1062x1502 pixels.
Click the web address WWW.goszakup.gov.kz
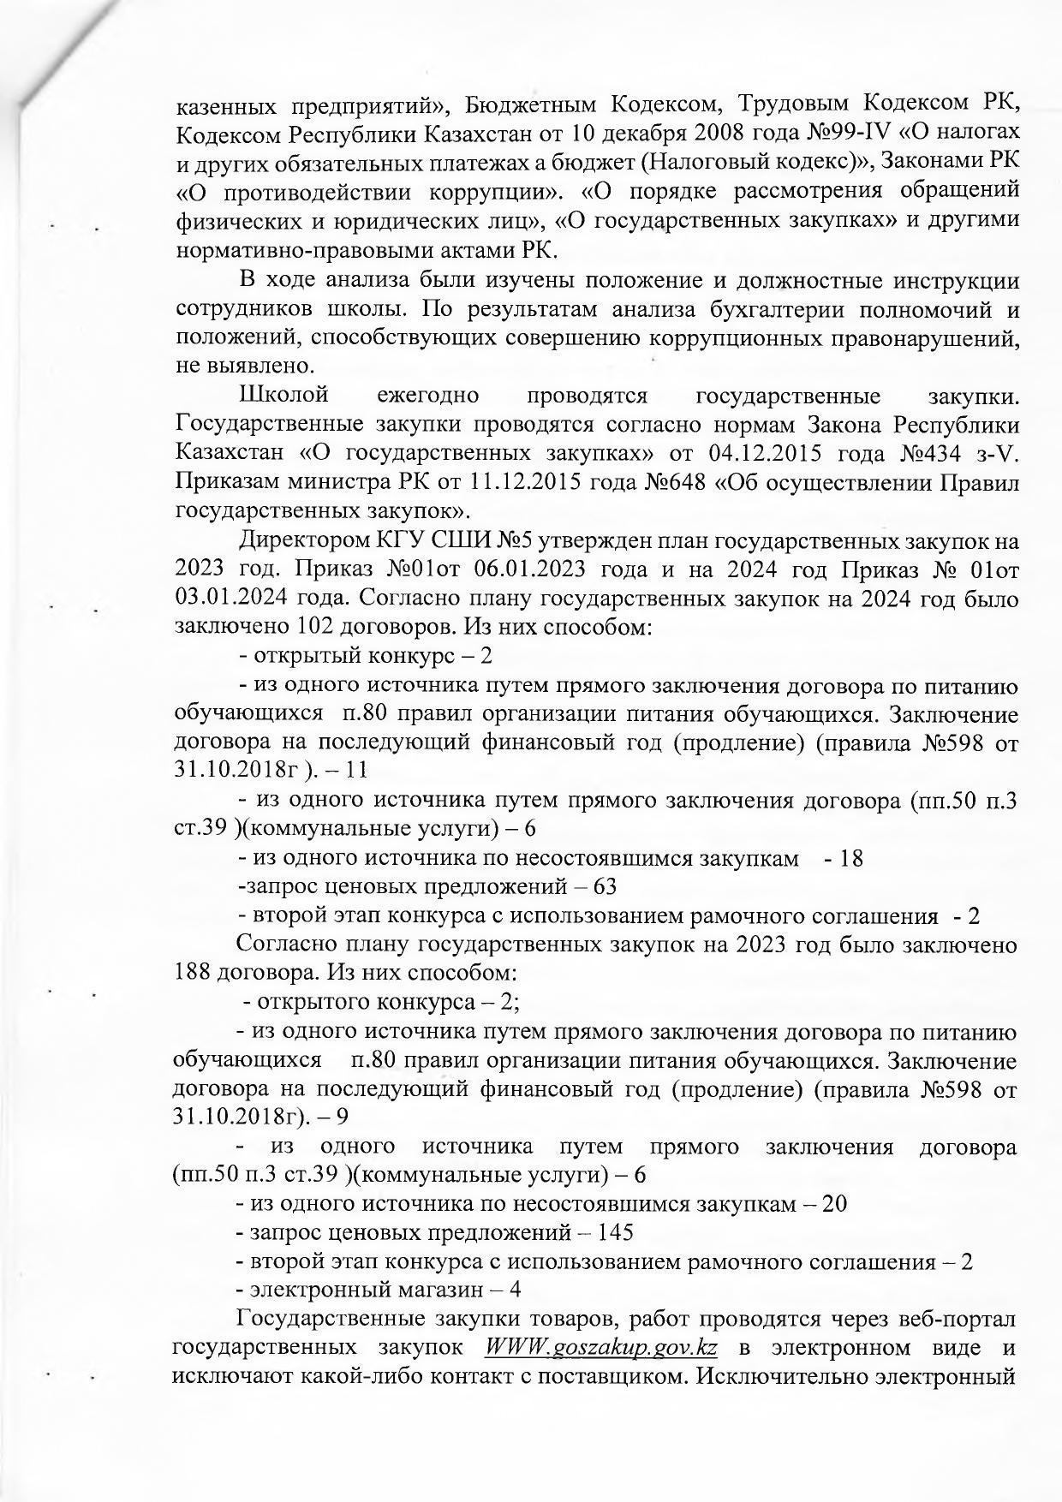click(600, 1347)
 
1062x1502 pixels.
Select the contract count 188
click(191, 974)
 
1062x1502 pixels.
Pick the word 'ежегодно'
click(427, 396)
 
